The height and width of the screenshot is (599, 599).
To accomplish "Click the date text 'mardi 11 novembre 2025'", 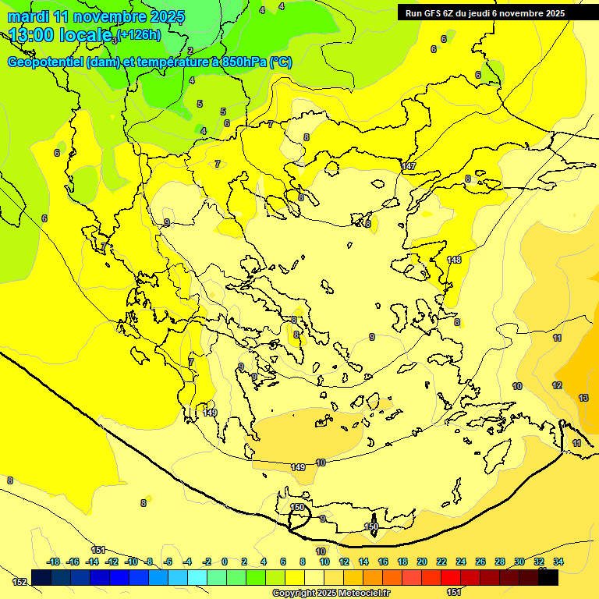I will click(x=96, y=16).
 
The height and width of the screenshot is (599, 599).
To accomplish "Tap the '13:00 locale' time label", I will click(x=59, y=35).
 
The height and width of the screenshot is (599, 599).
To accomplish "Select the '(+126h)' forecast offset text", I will click(x=139, y=34).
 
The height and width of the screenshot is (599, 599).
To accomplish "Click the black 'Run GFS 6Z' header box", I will click(x=495, y=13).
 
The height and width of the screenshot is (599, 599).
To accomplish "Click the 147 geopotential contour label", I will click(x=409, y=166).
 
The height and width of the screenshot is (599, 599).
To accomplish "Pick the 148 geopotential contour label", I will click(x=454, y=260).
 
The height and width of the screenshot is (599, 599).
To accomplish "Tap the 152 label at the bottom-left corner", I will click(x=19, y=582).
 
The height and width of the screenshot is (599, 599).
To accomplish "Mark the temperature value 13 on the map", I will click(x=583, y=398).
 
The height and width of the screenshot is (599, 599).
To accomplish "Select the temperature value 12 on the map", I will click(x=557, y=385).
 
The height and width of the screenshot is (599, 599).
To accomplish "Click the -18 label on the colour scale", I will click(x=54, y=562).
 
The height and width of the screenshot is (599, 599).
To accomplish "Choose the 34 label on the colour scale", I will click(x=558, y=562).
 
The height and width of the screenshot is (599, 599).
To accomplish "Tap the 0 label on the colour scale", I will click(x=224, y=562).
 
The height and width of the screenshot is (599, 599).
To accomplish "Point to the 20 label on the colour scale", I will click(x=422, y=562).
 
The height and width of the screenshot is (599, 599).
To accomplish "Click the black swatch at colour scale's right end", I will click(x=548, y=578).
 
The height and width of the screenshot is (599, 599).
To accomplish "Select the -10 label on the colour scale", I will click(x=131, y=562).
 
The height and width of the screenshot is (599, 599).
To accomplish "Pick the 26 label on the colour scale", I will click(x=480, y=562).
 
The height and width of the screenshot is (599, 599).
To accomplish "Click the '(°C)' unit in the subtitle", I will click(x=282, y=62).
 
